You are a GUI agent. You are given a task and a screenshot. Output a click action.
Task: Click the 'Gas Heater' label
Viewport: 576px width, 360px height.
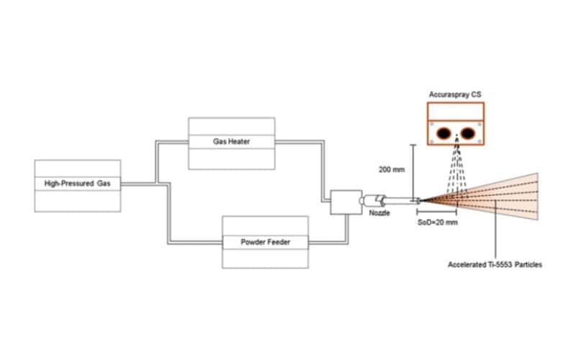(x=231, y=143)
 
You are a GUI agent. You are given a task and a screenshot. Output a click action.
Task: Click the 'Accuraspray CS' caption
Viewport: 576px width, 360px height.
(x=456, y=94)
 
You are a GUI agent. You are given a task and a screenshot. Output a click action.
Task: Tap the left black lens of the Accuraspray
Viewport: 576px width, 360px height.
(x=444, y=132)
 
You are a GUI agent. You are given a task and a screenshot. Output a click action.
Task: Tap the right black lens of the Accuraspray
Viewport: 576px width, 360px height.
(x=468, y=132)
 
